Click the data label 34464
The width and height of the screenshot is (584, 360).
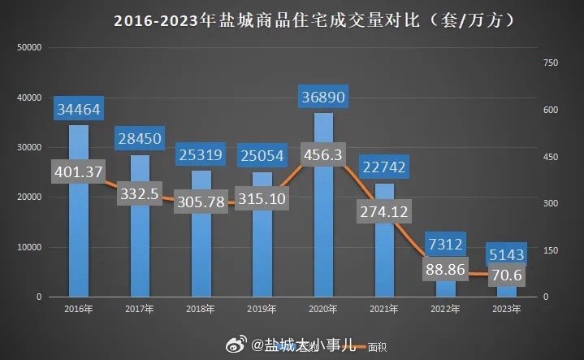tap(78, 108)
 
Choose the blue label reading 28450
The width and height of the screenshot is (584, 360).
tap(140, 138)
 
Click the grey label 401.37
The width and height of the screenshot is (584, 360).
tap(78, 172)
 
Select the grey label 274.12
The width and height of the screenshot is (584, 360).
tap(385, 211)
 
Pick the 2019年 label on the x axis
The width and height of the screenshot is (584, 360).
tap(262, 309)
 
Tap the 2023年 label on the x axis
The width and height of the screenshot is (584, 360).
tap(508, 309)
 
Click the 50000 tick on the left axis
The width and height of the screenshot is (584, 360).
tap(29, 48)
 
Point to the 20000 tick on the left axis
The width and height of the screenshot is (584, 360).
tap(29, 197)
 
